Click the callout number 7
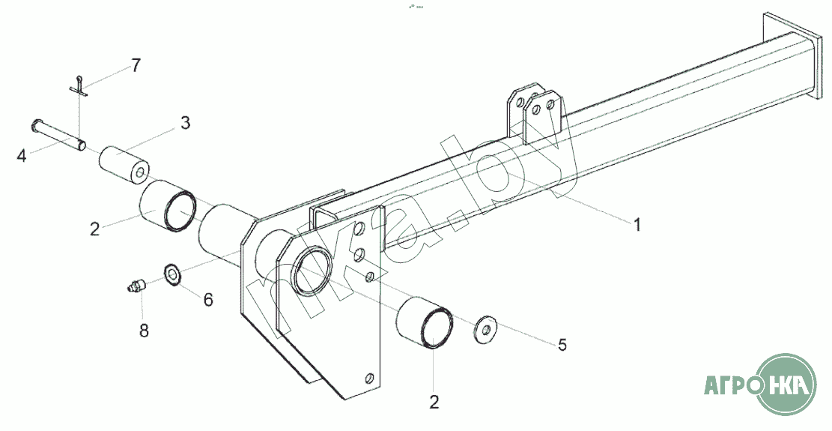tap(136, 65)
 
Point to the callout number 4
tap(22, 156)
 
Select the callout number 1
tap(637, 224)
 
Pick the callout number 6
tap(207, 299)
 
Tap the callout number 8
tap(143, 329)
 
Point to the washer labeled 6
tap(171, 274)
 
